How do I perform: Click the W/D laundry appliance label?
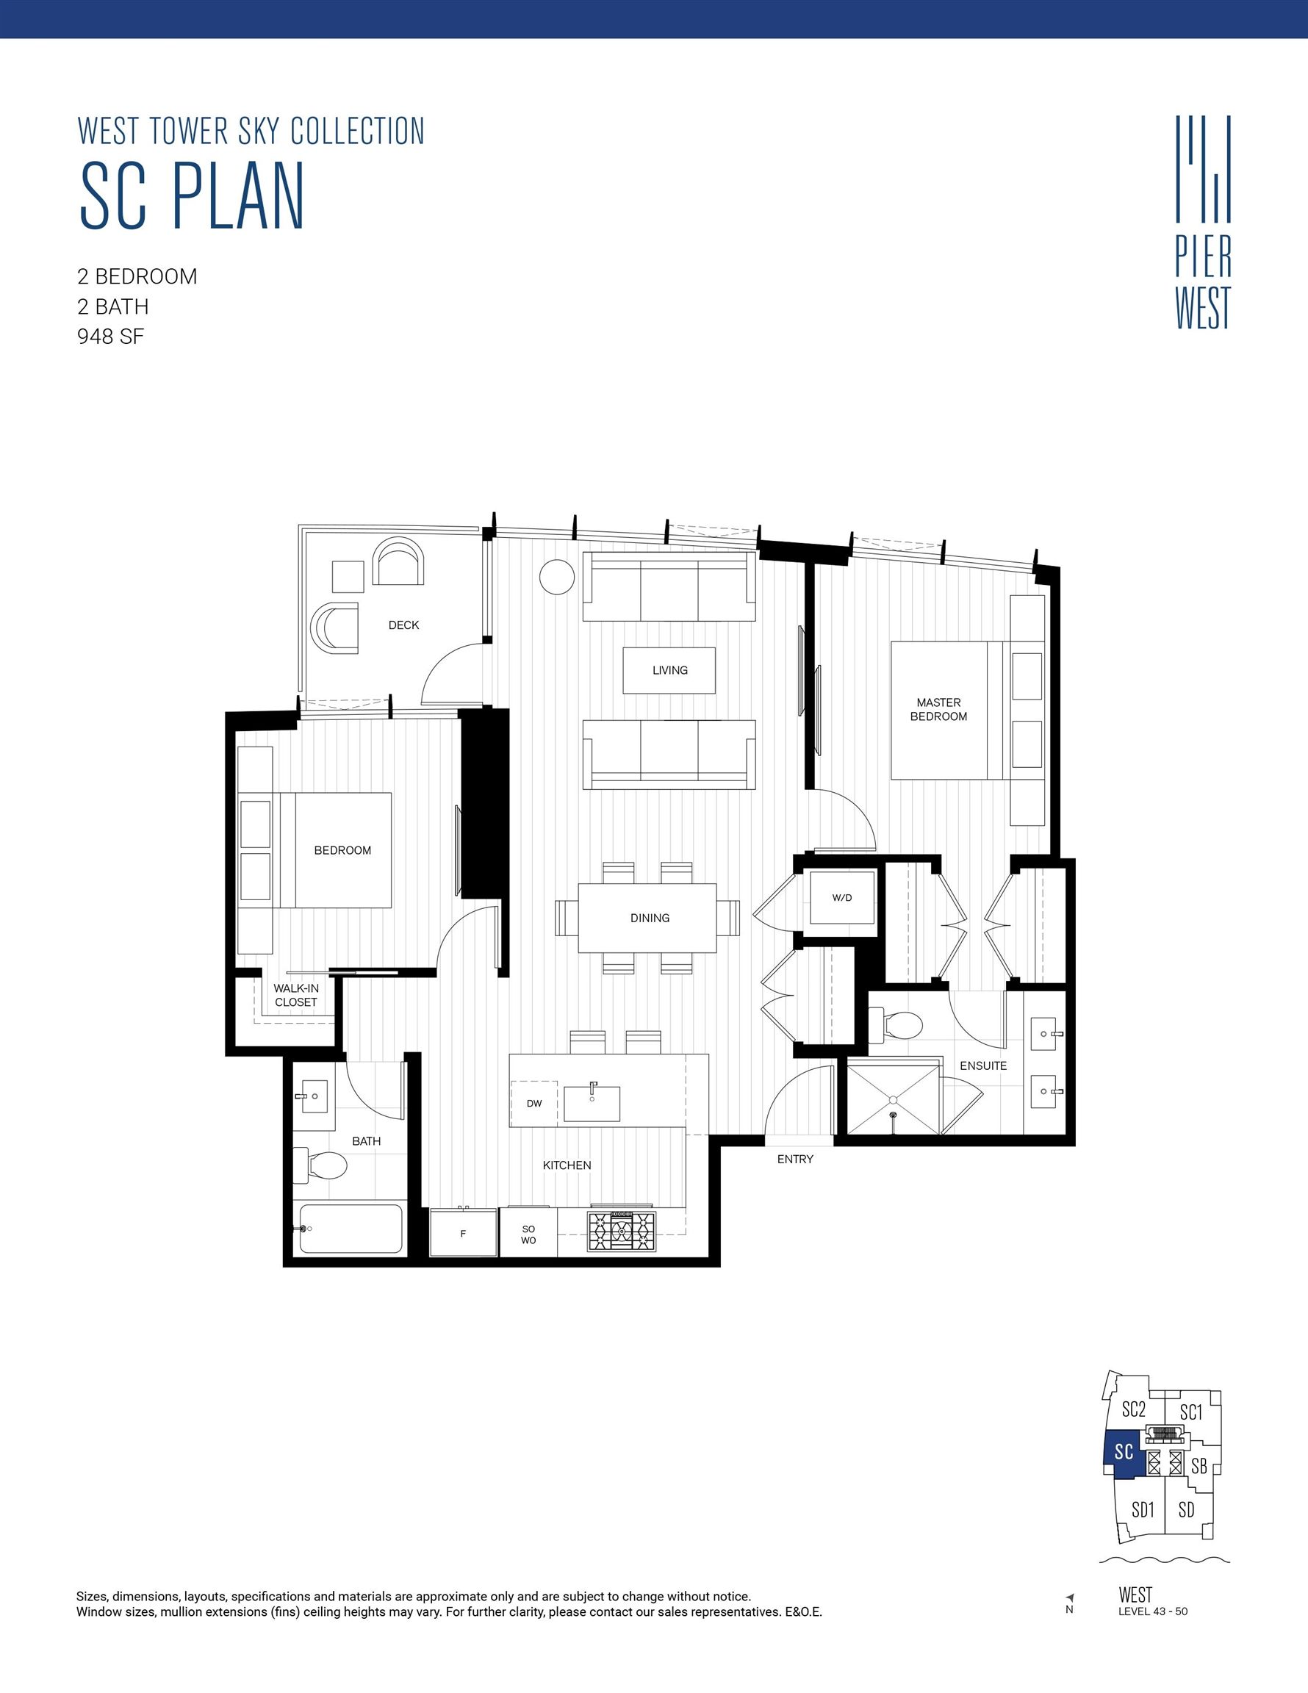point(841,898)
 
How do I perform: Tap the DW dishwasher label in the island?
point(534,1103)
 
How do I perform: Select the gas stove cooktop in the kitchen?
point(621,1231)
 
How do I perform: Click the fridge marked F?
point(463,1233)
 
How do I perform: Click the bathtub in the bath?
point(351,1229)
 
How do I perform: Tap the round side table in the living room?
point(557,578)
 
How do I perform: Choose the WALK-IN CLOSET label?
point(295,996)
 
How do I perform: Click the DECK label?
point(403,625)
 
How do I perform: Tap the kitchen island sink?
point(592,1103)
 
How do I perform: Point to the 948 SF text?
point(111,337)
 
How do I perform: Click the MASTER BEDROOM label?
point(938,709)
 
